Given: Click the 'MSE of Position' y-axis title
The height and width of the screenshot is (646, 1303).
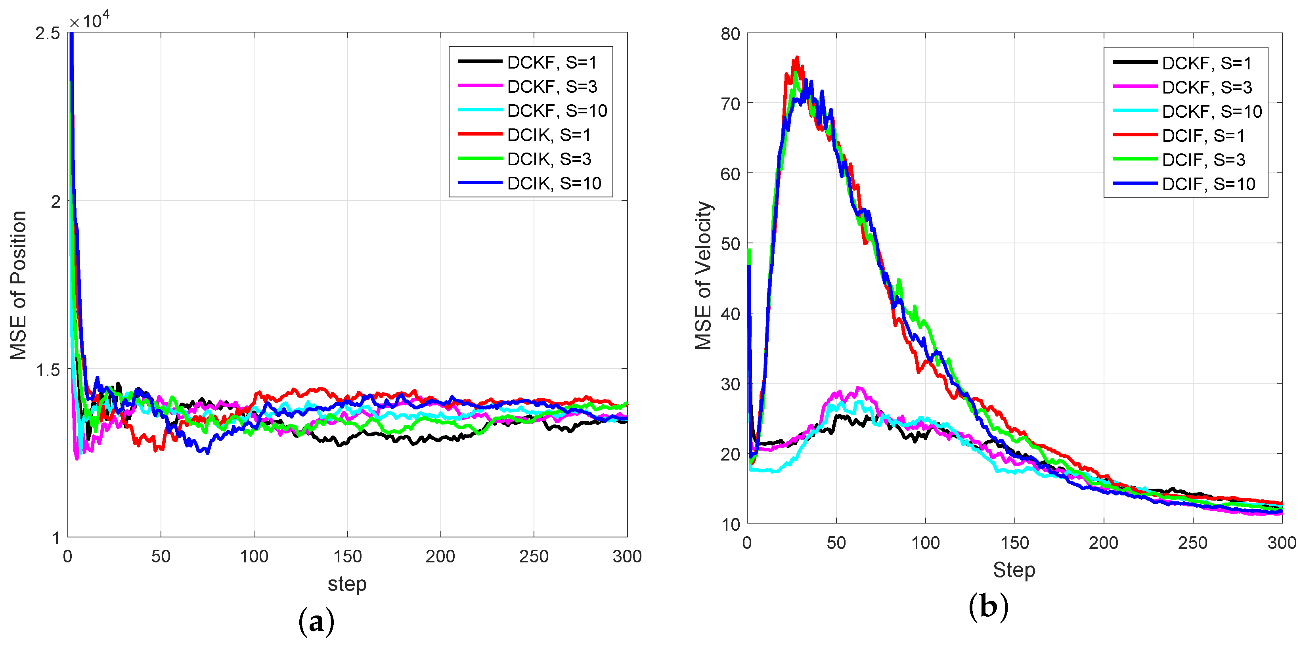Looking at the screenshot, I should [19, 285].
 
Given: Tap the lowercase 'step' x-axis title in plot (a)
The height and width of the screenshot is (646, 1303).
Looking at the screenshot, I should [347, 584].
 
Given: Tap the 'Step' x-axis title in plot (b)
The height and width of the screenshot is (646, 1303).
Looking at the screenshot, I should [1014, 570].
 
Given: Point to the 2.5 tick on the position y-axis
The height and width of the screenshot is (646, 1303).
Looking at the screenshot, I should [48, 33].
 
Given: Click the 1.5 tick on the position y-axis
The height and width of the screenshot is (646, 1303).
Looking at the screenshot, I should [48, 370].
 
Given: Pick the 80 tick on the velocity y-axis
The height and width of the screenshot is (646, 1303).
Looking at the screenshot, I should [731, 34].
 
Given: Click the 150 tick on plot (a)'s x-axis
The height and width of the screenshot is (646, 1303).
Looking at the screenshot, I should [347, 556].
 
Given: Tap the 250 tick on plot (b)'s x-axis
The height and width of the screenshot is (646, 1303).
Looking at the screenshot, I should [1192, 543].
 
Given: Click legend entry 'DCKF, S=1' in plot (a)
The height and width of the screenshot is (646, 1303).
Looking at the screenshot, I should [551, 62].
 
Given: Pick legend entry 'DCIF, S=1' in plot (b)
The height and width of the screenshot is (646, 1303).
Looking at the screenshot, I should [1203, 136].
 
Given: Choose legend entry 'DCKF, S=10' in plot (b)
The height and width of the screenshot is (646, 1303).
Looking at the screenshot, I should [1211, 111].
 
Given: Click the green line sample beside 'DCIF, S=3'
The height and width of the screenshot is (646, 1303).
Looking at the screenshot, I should [1135, 159].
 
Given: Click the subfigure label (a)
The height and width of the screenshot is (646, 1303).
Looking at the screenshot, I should [317, 621].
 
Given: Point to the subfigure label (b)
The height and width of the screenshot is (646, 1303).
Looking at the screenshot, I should [988, 606].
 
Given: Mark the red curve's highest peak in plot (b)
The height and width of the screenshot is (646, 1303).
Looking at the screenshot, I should [797, 57].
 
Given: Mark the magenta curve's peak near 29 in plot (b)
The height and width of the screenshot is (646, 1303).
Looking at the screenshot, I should [858, 388].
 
